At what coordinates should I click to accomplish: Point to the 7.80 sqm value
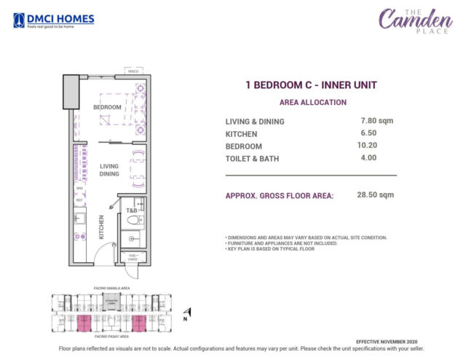pyautogui.click(x=376, y=120)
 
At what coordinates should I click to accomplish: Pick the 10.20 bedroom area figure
pyautogui.click(x=368, y=145)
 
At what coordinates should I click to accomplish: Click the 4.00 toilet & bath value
pyautogui.click(x=368, y=157)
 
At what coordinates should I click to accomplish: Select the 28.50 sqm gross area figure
pyautogui.click(x=376, y=195)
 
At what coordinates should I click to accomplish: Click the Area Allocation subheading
pyautogui.click(x=312, y=103)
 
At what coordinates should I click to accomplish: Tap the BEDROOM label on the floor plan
pyautogui.click(x=107, y=107)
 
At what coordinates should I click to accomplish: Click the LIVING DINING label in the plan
pyautogui.click(x=109, y=170)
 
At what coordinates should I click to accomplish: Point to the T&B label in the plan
pyautogui.click(x=132, y=211)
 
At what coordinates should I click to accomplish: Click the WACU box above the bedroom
pyautogui.click(x=133, y=71)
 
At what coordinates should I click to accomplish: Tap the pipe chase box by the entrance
pyautogui.click(x=133, y=257)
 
